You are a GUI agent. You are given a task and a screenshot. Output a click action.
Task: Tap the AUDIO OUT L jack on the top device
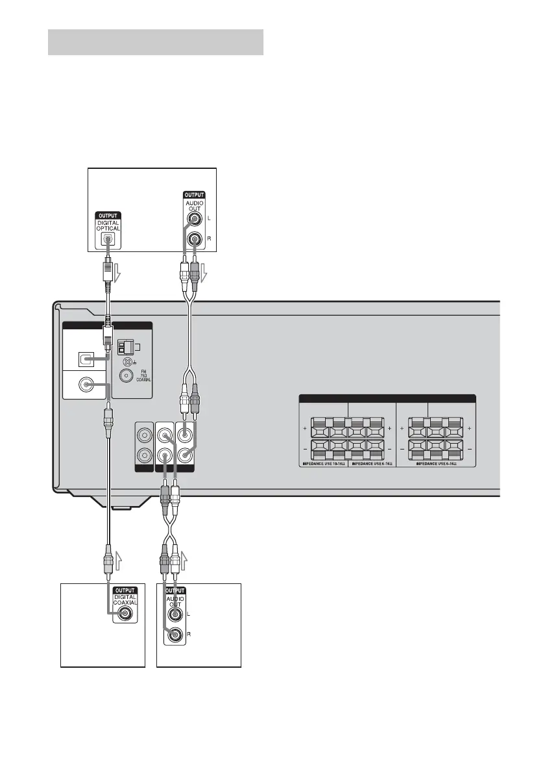tap(193, 220)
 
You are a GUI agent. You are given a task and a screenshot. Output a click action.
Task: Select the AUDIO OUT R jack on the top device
tap(193, 240)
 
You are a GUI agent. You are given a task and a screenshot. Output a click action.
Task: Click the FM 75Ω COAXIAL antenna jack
tap(126, 374)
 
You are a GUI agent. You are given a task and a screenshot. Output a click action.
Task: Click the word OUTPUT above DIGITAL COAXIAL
tap(126, 590)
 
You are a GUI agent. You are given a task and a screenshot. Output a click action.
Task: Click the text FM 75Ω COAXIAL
tap(143, 376)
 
